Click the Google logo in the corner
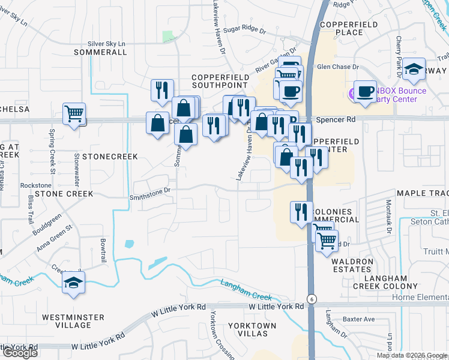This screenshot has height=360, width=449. coord(19,353)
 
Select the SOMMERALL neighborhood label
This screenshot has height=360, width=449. coord(100,52)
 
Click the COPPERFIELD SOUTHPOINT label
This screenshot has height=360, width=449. coord(220,82)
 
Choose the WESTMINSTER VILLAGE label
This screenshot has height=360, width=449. coord(66,320)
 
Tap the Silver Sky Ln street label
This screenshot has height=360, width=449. coord(106,44)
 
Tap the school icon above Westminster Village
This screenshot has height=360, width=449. coord(74,282)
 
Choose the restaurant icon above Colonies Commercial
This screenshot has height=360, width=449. coord(301,212)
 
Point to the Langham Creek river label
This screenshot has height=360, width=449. coord(246,290)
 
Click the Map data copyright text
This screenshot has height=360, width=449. coord(412,355)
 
